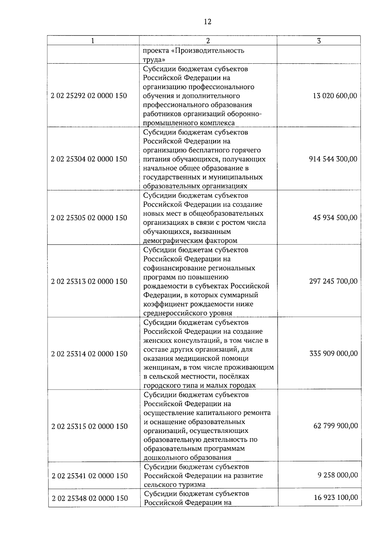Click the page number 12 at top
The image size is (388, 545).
point(208,22)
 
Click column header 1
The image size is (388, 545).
point(93,41)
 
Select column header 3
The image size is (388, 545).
point(319,41)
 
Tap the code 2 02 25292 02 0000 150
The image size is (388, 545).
point(89,96)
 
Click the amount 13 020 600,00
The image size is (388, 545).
point(335,96)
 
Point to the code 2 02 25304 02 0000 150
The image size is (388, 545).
point(89,159)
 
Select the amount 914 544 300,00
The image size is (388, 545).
point(333,159)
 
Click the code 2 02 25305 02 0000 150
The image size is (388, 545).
point(89,218)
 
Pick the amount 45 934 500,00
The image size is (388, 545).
point(335,218)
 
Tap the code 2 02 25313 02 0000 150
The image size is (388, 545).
point(89,282)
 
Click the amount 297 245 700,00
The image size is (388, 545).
point(333,281)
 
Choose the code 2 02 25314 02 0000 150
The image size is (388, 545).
point(89,354)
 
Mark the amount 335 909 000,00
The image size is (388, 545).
point(333,354)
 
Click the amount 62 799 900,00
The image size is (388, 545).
point(336,426)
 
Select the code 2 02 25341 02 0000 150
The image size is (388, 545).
point(90,476)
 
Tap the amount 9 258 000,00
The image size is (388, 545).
point(338,475)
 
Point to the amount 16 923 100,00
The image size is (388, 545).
point(336,497)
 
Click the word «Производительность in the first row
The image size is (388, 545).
point(207,51)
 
